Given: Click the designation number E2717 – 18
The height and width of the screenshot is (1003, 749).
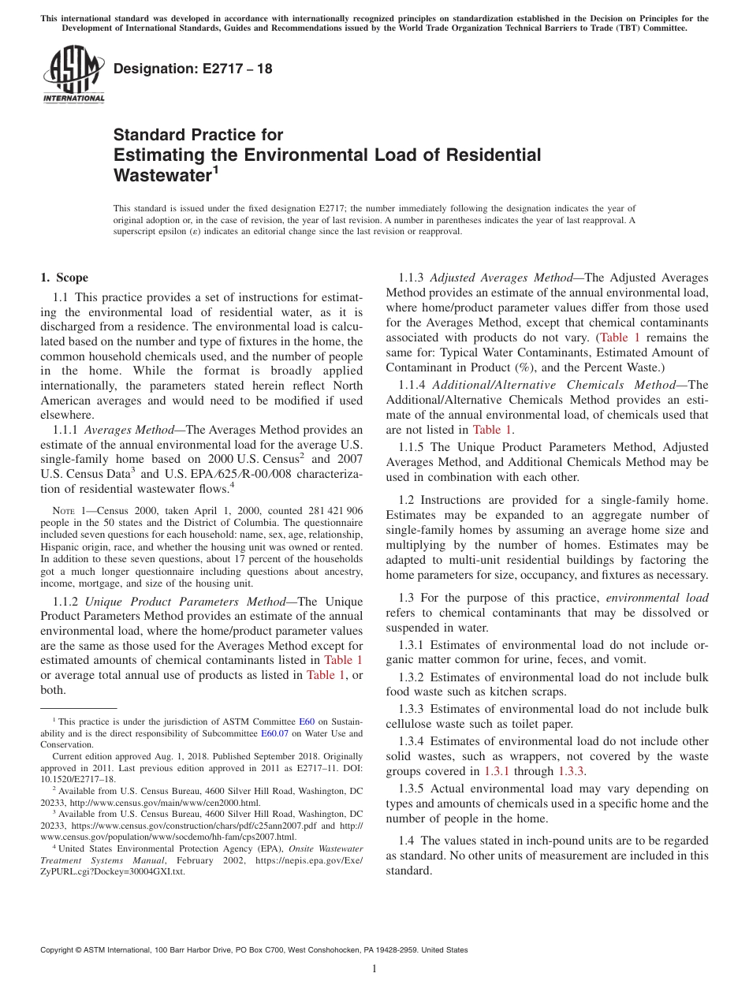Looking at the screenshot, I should [x=193, y=69].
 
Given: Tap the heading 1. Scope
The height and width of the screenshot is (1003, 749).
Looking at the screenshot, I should [x=64, y=278].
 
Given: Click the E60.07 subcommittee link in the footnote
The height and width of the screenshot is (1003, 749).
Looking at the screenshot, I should [x=274, y=733].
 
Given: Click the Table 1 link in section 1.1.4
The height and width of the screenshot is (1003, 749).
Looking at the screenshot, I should [x=492, y=430].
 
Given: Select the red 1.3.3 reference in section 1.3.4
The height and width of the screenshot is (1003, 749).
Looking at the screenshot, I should [x=571, y=771].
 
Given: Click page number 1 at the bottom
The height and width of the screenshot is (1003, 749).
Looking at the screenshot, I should [x=374, y=969].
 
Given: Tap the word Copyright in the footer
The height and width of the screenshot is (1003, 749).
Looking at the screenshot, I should [x=58, y=950].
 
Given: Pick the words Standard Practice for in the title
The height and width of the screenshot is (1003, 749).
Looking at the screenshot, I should [x=198, y=135].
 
